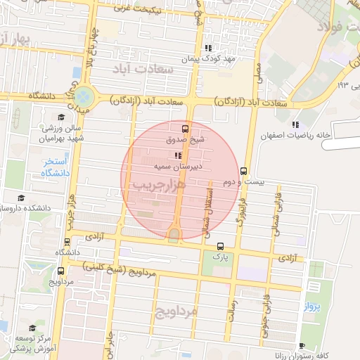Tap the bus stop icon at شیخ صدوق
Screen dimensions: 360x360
(185, 129)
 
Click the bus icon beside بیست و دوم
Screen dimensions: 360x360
(243, 170)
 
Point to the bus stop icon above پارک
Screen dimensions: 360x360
(221, 246)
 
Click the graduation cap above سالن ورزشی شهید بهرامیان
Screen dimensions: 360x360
(61, 117)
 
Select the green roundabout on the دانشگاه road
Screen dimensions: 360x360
(85, 94)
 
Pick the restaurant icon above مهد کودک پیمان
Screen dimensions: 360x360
(207, 48)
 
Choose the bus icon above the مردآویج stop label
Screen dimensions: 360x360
(61, 271)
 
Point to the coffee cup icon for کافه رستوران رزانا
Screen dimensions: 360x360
(302, 345)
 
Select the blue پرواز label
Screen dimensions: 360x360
(312, 307)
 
